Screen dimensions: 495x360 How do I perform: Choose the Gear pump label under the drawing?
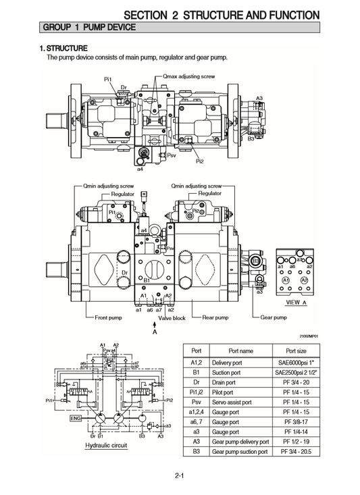[x=273, y=317]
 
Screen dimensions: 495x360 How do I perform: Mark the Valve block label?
[x=172, y=318]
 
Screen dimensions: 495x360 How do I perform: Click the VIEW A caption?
[x=296, y=303]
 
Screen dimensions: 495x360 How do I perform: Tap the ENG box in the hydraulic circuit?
[x=76, y=418]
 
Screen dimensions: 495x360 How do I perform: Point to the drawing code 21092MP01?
[x=309, y=335]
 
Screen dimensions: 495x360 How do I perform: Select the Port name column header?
[x=240, y=351]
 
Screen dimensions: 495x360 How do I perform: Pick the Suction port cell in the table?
[x=227, y=372]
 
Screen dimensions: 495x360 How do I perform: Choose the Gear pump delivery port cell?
[x=240, y=441]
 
